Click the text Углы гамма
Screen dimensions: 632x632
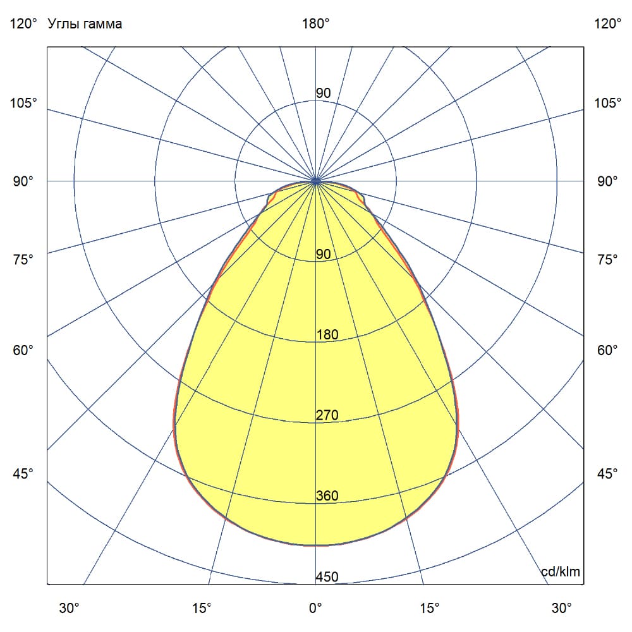point(85,24)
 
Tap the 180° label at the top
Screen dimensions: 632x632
point(315,24)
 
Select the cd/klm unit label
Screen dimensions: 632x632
point(561,572)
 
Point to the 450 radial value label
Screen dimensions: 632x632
point(327,577)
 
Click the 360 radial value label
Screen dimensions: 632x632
point(327,496)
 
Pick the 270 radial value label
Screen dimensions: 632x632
point(327,415)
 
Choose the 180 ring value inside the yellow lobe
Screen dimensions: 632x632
point(327,335)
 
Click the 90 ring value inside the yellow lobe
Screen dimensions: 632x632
point(323,255)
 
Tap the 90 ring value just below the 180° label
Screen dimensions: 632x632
point(323,94)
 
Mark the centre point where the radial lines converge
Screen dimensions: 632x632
point(315,181)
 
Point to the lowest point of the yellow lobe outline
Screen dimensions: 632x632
point(315,545)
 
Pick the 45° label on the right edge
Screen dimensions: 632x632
point(608,474)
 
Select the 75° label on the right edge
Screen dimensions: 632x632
point(608,259)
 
